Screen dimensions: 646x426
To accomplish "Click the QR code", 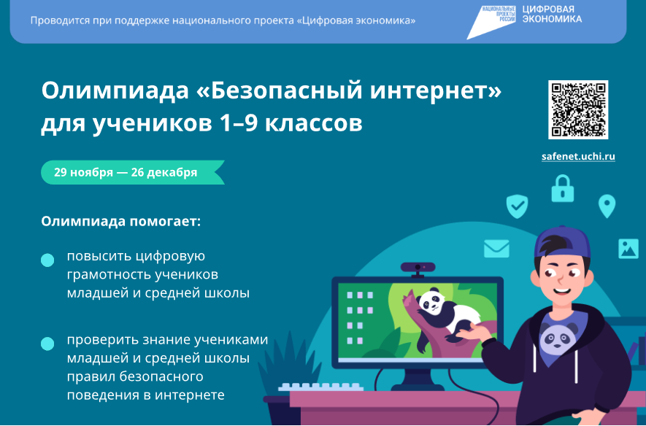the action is tap(578, 109).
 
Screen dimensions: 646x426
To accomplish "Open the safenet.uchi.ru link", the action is tap(578, 156).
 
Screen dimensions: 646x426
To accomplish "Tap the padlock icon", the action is tap(562, 188).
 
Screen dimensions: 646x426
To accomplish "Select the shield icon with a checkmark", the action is tap(517, 206).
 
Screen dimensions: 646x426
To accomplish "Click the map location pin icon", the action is tap(607, 206).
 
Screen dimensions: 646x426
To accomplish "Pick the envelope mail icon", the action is tap(496, 249).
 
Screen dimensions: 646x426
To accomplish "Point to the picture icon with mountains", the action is tap(628, 249).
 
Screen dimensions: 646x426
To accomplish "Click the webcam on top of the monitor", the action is tap(418, 269).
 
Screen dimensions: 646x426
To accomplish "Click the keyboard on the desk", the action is tap(320, 387).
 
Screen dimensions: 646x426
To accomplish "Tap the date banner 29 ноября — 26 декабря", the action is tap(133, 172).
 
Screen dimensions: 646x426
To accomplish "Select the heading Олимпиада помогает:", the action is tap(120, 222).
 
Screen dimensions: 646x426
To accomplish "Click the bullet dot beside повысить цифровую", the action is tap(47, 260).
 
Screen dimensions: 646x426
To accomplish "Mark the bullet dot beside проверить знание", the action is tap(47, 344).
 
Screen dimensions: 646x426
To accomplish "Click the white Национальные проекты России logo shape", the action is tap(491, 23).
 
